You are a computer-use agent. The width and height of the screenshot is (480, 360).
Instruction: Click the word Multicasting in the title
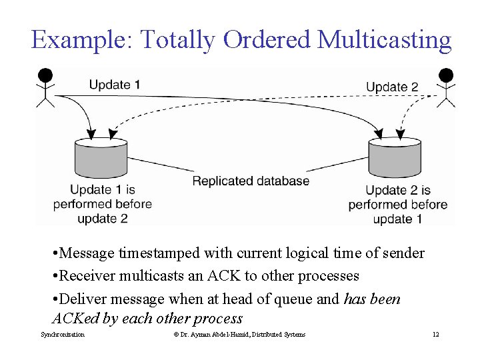[x=385, y=40]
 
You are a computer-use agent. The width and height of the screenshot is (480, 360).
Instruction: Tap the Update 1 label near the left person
[x=115, y=85]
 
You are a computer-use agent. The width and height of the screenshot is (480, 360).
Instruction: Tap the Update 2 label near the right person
[x=392, y=87]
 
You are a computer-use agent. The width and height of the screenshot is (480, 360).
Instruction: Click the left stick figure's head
[x=45, y=75]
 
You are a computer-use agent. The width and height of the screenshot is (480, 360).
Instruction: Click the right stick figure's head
[x=445, y=75]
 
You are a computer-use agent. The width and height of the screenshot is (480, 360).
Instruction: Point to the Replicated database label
[x=251, y=181]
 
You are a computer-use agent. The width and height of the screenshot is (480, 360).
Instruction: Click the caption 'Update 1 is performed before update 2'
[x=102, y=204]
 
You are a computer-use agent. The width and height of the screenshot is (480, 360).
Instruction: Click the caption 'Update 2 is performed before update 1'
[x=398, y=205]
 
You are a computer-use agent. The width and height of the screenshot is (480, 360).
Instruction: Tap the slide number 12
[x=435, y=334]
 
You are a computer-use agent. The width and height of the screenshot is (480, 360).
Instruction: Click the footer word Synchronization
[x=63, y=334]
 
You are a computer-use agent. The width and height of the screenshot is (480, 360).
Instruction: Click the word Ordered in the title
[x=269, y=40]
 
